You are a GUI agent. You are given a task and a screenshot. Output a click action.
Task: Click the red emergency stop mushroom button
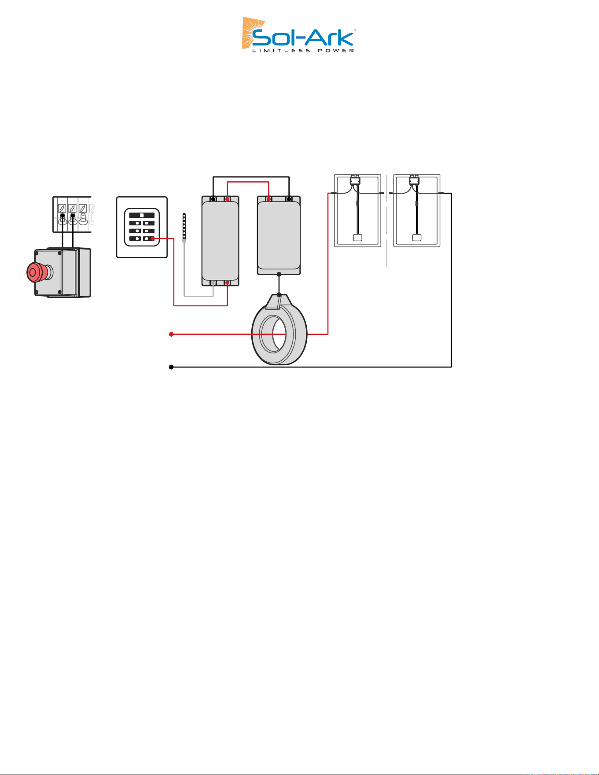click(x=36, y=272)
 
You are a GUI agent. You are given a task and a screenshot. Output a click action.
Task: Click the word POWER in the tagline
click(x=336, y=51)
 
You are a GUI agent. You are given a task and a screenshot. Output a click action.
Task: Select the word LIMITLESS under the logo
click(x=281, y=51)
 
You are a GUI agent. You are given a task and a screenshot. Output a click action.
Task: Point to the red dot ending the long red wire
click(x=171, y=334)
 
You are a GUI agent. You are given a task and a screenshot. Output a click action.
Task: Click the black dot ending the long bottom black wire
click(x=171, y=367)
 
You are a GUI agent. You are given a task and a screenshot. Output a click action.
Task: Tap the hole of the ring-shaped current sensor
click(x=273, y=334)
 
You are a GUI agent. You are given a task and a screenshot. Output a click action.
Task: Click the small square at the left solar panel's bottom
click(x=358, y=238)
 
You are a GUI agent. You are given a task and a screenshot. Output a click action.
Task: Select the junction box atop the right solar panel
click(x=414, y=180)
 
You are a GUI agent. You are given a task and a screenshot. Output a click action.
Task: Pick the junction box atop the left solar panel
click(x=355, y=180)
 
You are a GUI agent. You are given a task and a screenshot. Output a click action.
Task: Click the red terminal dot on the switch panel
click(x=153, y=239)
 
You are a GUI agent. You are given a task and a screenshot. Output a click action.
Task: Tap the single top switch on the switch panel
click(x=142, y=215)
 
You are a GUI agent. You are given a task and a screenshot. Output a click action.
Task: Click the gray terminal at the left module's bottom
click(x=213, y=283)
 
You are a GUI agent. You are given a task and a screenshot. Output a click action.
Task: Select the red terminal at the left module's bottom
click(x=227, y=283)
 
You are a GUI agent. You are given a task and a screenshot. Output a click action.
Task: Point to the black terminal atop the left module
click(x=213, y=199)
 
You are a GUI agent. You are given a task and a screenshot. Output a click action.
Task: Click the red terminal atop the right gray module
click(x=268, y=199)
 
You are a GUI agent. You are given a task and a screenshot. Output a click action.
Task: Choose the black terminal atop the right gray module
click(x=289, y=199)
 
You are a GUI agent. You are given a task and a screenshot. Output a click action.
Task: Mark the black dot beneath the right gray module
click(x=279, y=275)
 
